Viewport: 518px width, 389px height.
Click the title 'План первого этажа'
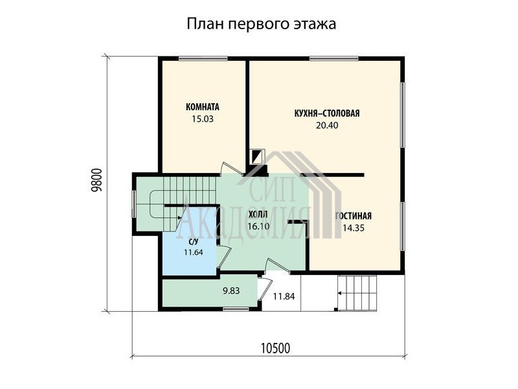[x=262, y=24]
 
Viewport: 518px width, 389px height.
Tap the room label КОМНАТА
[x=203, y=107]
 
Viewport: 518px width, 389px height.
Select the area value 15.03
[x=203, y=119]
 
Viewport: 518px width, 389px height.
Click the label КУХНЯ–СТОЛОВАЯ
[x=327, y=113]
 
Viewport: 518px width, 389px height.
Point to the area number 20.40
[x=327, y=125]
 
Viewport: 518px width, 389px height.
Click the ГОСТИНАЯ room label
[x=353, y=216]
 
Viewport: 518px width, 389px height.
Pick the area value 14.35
[x=353, y=228]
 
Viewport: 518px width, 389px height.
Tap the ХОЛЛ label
[x=258, y=215]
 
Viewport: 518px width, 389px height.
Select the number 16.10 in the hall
[x=258, y=226]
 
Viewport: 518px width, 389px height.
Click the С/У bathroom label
[x=193, y=242]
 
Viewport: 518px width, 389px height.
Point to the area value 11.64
[x=193, y=252]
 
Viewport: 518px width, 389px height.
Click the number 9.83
[x=231, y=290]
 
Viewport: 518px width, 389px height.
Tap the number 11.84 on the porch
[x=284, y=296]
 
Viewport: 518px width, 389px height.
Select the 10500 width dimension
[x=276, y=348]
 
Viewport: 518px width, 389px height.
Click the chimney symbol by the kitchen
[x=257, y=156]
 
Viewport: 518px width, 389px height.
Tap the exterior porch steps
[x=357, y=293]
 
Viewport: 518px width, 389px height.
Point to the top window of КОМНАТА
[x=203, y=58]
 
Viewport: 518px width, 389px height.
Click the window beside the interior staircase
[x=134, y=204]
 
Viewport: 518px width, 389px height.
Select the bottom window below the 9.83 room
[x=236, y=309]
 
